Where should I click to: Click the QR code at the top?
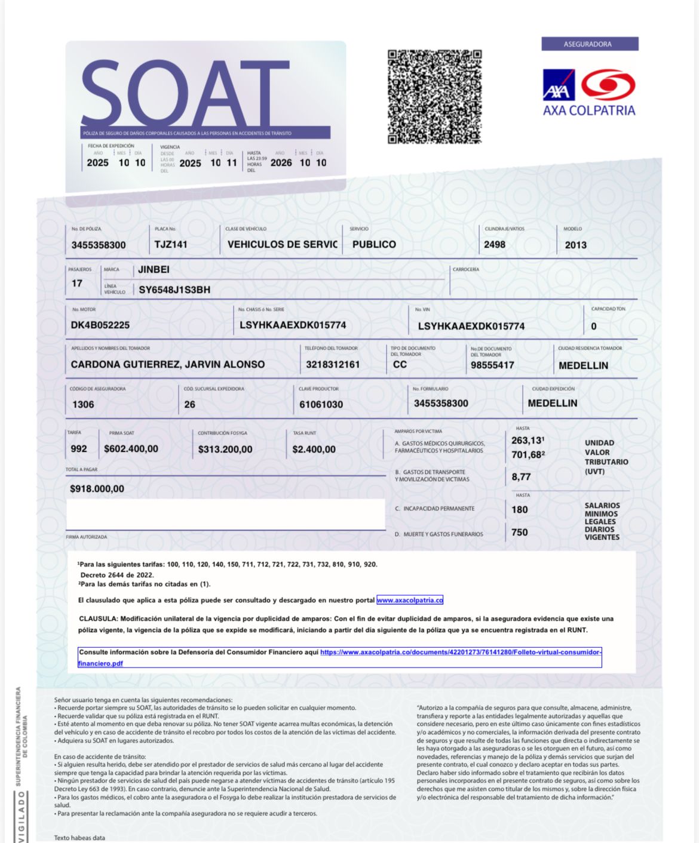pyautogui.click(x=434, y=97)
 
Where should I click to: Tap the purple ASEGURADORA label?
pyautogui.click(x=589, y=44)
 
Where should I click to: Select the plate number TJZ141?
pyautogui.click(x=171, y=244)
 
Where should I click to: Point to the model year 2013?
pyautogui.click(x=575, y=245)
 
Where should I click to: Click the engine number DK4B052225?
pyautogui.click(x=100, y=325)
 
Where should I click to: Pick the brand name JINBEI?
pyautogui.click(x=154, y=270)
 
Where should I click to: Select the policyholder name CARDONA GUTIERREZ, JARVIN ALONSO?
pyautogui.click(x=168, y=364)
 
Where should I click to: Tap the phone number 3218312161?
pyautogui.click(x=333, y=365)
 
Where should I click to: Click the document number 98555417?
pyautogui.click(x=492, y=365)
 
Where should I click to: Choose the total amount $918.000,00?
pyautogui.click(x=97, y=489)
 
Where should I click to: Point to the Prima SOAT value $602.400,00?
pyautogui.click(x=131, y=449)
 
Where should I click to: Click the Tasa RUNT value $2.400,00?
pyautogui.click(x=314, y=450)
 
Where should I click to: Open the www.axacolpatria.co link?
pyautogui.click(x=410, y=601)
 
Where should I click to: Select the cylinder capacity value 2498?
pyautogui.click(x=495, y=245)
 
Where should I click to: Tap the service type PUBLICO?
pyautogui.click(x=374, y=245)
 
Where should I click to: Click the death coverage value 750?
pyautogui.click(x=519, y=533)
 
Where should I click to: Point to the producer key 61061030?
pyautogui.click(x=321, y=405)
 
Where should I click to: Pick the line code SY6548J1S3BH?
pyautogui.click(x=174, y=290)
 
